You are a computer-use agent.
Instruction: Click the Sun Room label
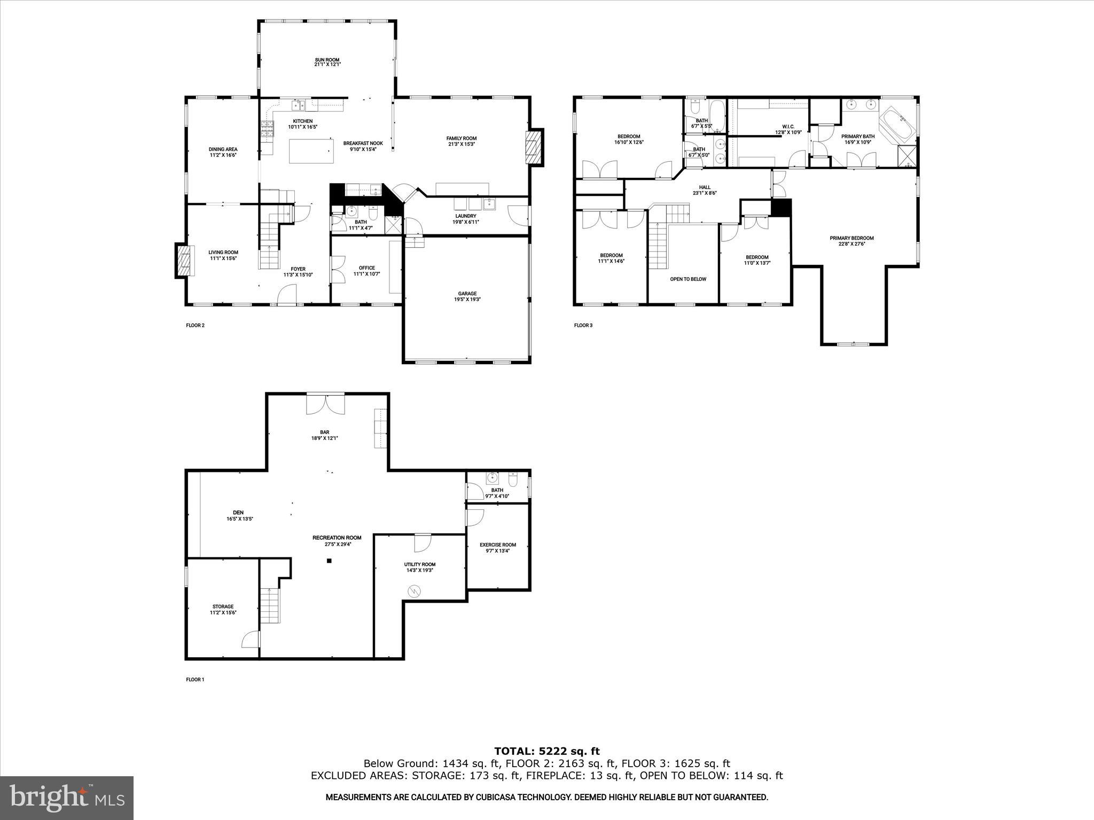(327, 60)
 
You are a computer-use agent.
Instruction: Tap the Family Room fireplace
(533, 148)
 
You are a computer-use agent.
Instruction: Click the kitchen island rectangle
(309, 151)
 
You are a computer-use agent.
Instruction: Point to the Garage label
(467, 293)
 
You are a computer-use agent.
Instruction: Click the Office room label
(366, 268)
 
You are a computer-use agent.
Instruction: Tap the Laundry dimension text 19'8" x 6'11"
(466, 222)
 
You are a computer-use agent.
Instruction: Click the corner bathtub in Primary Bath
(898, 127)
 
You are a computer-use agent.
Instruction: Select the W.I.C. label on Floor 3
(788, 127)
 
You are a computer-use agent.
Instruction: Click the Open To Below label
(688, 279)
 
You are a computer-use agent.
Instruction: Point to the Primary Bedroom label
(851, 238)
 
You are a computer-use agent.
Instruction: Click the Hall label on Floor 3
(705, 187)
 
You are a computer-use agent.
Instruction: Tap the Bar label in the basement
(325, 432)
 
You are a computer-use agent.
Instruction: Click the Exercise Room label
(497, 545)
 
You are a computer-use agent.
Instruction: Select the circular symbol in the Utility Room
(415, 591)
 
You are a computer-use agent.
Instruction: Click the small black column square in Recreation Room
(329, 561)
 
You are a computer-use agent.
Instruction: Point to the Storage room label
(223, 606)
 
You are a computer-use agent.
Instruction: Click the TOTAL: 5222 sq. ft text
(547, 751)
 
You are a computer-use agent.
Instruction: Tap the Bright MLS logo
(67, 798)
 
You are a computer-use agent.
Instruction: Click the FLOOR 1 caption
(195, 680)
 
